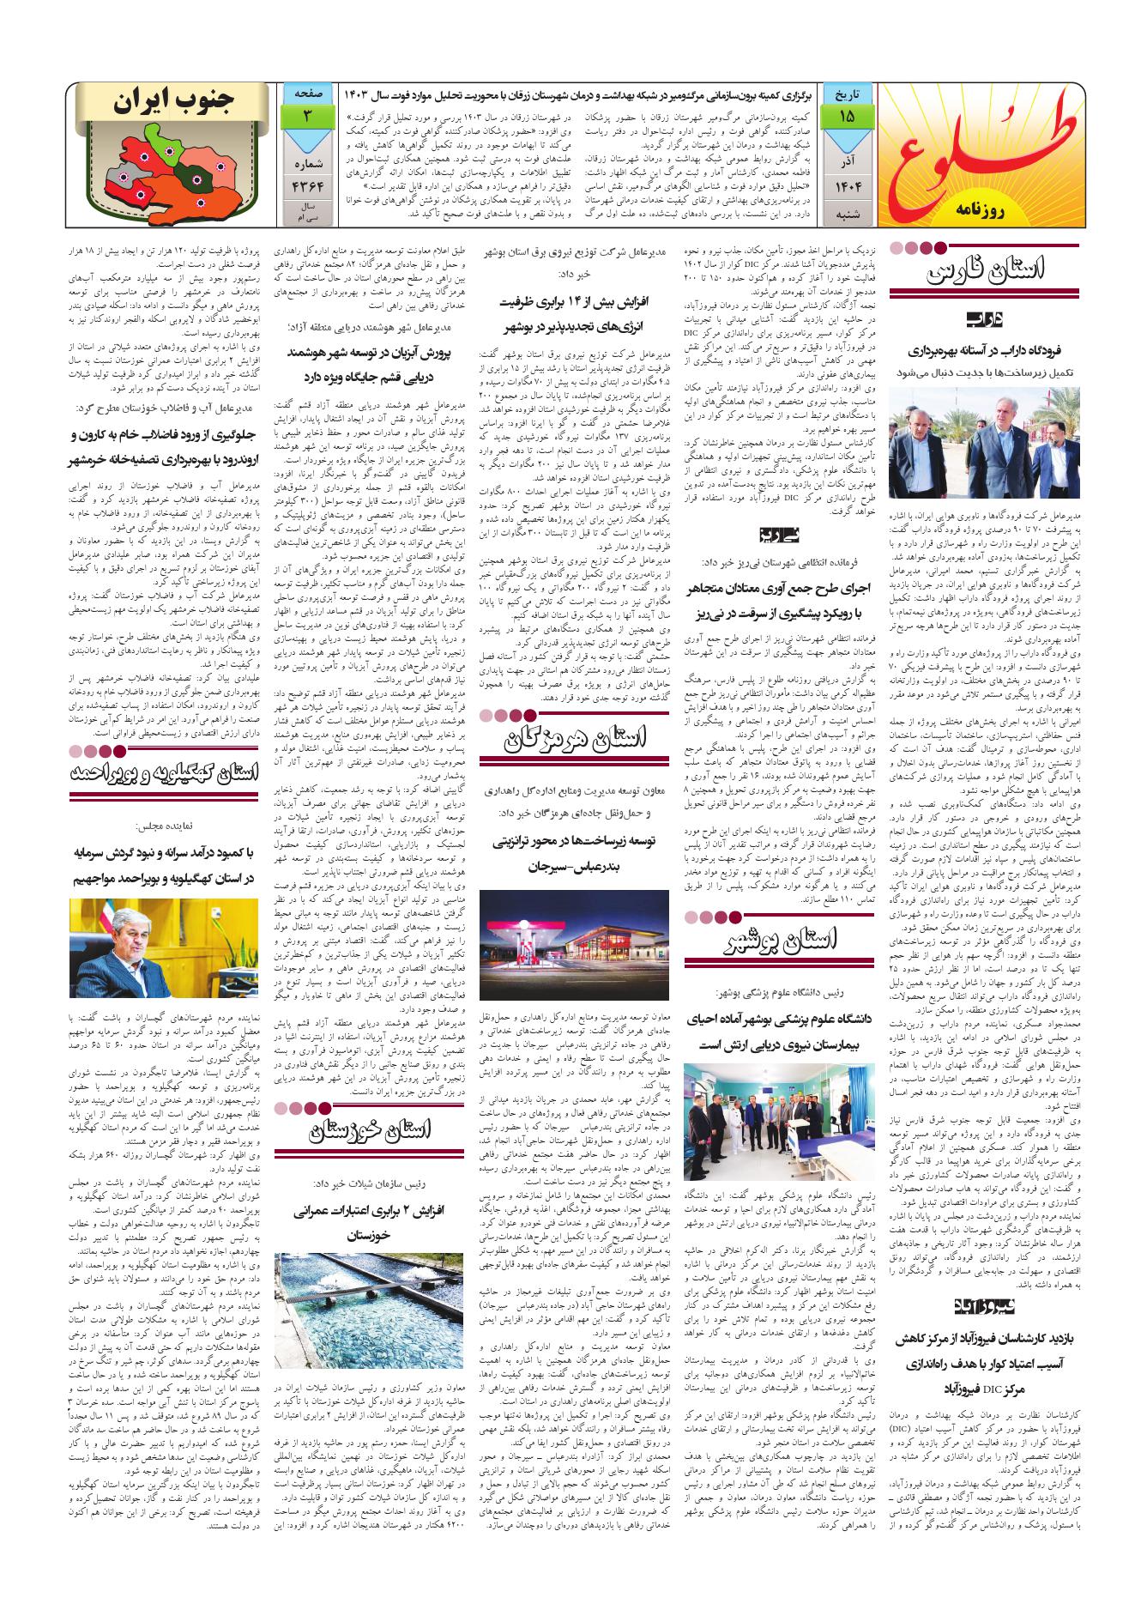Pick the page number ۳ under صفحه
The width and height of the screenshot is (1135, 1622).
click(x=305, y=114)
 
